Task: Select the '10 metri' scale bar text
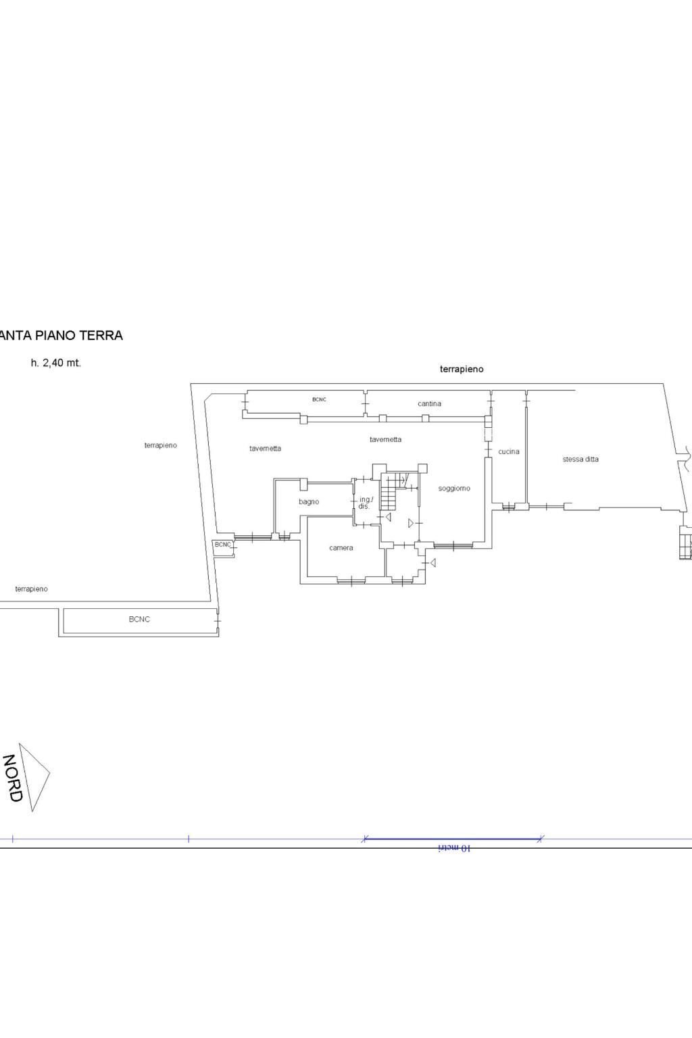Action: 455,847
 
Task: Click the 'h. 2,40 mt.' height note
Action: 56,363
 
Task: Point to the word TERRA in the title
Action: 101,335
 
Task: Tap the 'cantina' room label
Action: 429,403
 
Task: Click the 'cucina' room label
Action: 509,451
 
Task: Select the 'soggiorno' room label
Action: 454,488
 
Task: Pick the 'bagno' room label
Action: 309,501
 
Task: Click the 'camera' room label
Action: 341,547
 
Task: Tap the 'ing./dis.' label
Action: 365,503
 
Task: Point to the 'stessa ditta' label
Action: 580,459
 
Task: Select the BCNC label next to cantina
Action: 319,399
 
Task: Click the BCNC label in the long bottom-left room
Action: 139,619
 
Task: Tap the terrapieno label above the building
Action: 462,369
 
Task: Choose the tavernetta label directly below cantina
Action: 385,439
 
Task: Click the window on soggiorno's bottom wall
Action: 453,545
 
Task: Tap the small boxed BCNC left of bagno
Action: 223,544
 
